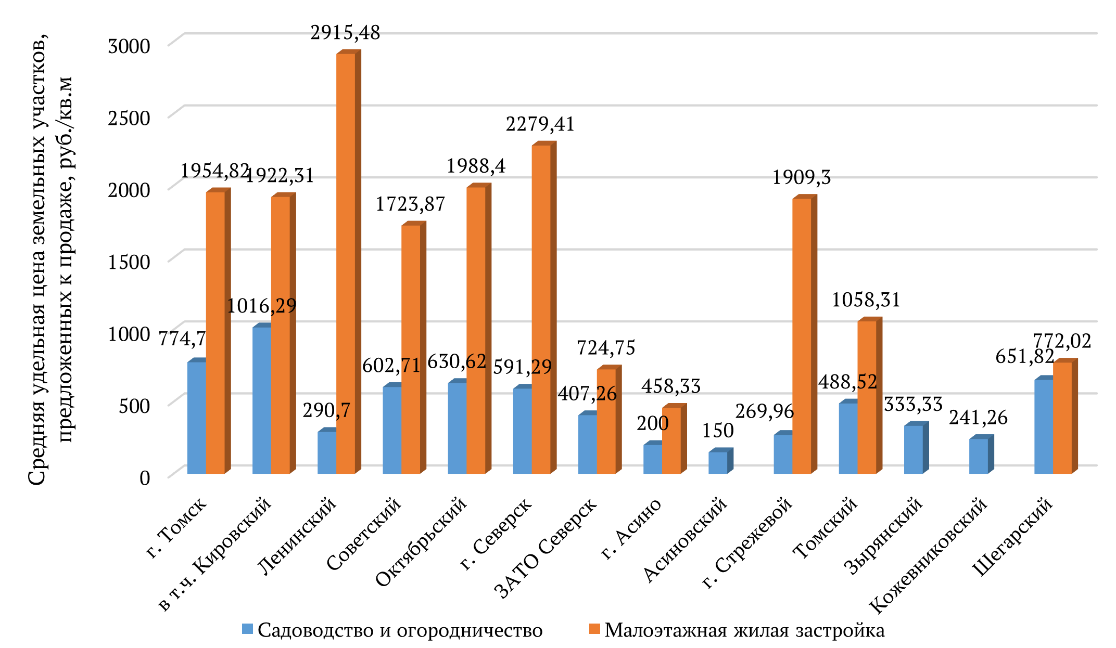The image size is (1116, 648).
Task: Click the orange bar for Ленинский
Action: (x=346, y=263)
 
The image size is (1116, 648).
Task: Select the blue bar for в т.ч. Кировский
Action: (x=262, y=400)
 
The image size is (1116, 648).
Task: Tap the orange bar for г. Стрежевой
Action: (x=802, y=335)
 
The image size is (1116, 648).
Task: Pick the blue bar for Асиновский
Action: (x=718, y=462)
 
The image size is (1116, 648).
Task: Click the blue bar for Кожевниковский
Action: (x=979, y=456)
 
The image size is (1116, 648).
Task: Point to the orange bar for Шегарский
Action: (x=1062, y=418)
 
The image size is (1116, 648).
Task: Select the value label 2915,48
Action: (x=346, y=33)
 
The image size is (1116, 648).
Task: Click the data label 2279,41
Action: (x=540, y=124)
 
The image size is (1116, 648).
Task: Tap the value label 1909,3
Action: (x=802, y=178)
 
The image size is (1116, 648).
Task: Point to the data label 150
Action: (x=718, y=431)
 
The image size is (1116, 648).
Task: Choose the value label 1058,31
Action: (x=866, y=300)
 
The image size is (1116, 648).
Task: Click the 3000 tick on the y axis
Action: (x=129, y=46)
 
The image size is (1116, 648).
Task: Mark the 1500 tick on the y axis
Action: (x=129, y=262)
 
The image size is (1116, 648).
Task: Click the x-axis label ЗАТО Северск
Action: (x=546, y=548)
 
